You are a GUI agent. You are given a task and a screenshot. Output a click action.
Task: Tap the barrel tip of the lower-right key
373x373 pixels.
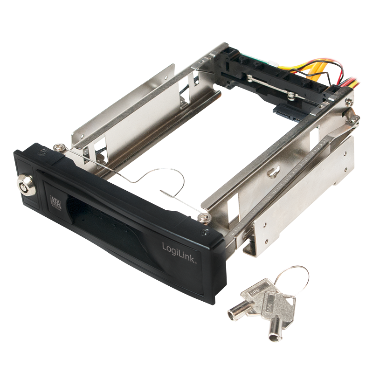pos(275,335)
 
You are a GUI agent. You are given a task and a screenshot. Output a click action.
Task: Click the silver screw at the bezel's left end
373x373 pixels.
pos(59,147)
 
